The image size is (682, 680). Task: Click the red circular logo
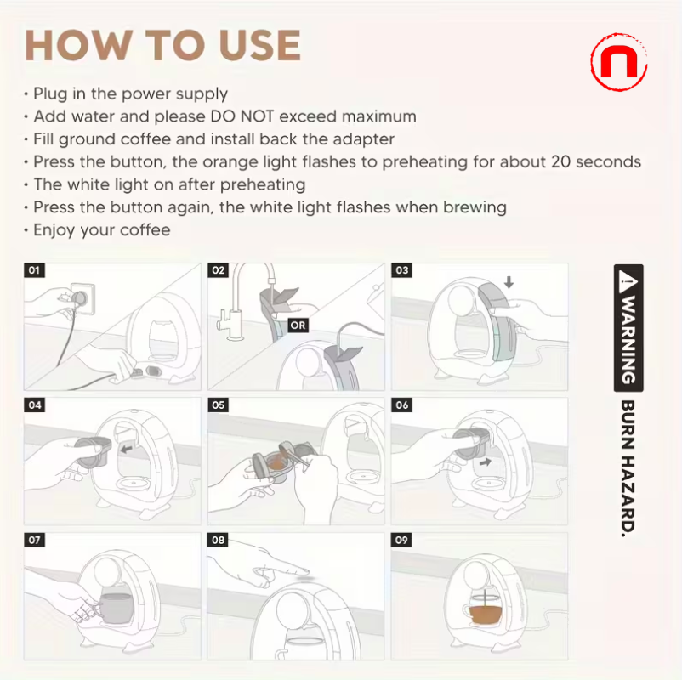(x=618, y=62)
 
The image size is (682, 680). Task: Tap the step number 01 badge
(x=35, y=270)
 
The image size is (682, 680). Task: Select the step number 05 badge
(x=219, y=405)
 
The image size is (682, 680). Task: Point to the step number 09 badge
(x=402, y=540)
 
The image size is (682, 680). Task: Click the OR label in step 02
(x=298, y=325)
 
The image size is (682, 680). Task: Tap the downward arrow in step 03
(x=509, y=281)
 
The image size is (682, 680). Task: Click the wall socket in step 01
(x=82, y=296)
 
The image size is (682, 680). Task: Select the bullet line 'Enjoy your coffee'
(x=101, y=230)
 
